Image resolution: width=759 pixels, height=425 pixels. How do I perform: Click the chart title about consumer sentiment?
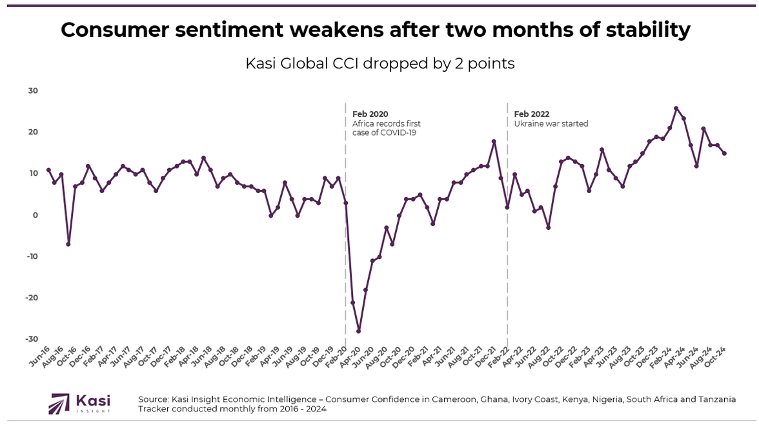(375, 30)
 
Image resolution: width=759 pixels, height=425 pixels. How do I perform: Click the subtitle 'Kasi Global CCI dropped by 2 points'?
(379, 64)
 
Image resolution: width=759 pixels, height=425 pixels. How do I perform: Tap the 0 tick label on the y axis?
(36, 215)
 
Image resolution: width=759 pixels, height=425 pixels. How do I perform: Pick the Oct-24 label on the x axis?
(716, 357)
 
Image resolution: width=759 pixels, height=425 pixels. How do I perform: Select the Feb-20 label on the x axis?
(337, 357)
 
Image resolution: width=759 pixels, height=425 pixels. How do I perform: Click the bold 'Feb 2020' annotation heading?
(370, 114)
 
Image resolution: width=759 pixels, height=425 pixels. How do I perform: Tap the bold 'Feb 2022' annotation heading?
(532, 114)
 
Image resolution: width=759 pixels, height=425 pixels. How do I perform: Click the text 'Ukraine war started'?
(551, 124)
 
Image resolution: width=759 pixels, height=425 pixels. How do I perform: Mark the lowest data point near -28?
(359, 331)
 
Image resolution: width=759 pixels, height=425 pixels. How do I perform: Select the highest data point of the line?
(676, 109)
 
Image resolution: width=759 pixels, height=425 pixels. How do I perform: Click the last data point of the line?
(724, 154)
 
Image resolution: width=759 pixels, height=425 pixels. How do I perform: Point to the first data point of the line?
(48, 170)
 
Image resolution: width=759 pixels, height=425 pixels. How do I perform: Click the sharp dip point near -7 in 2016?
(68, 244)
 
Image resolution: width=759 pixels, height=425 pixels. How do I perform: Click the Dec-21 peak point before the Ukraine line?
(494, 141)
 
